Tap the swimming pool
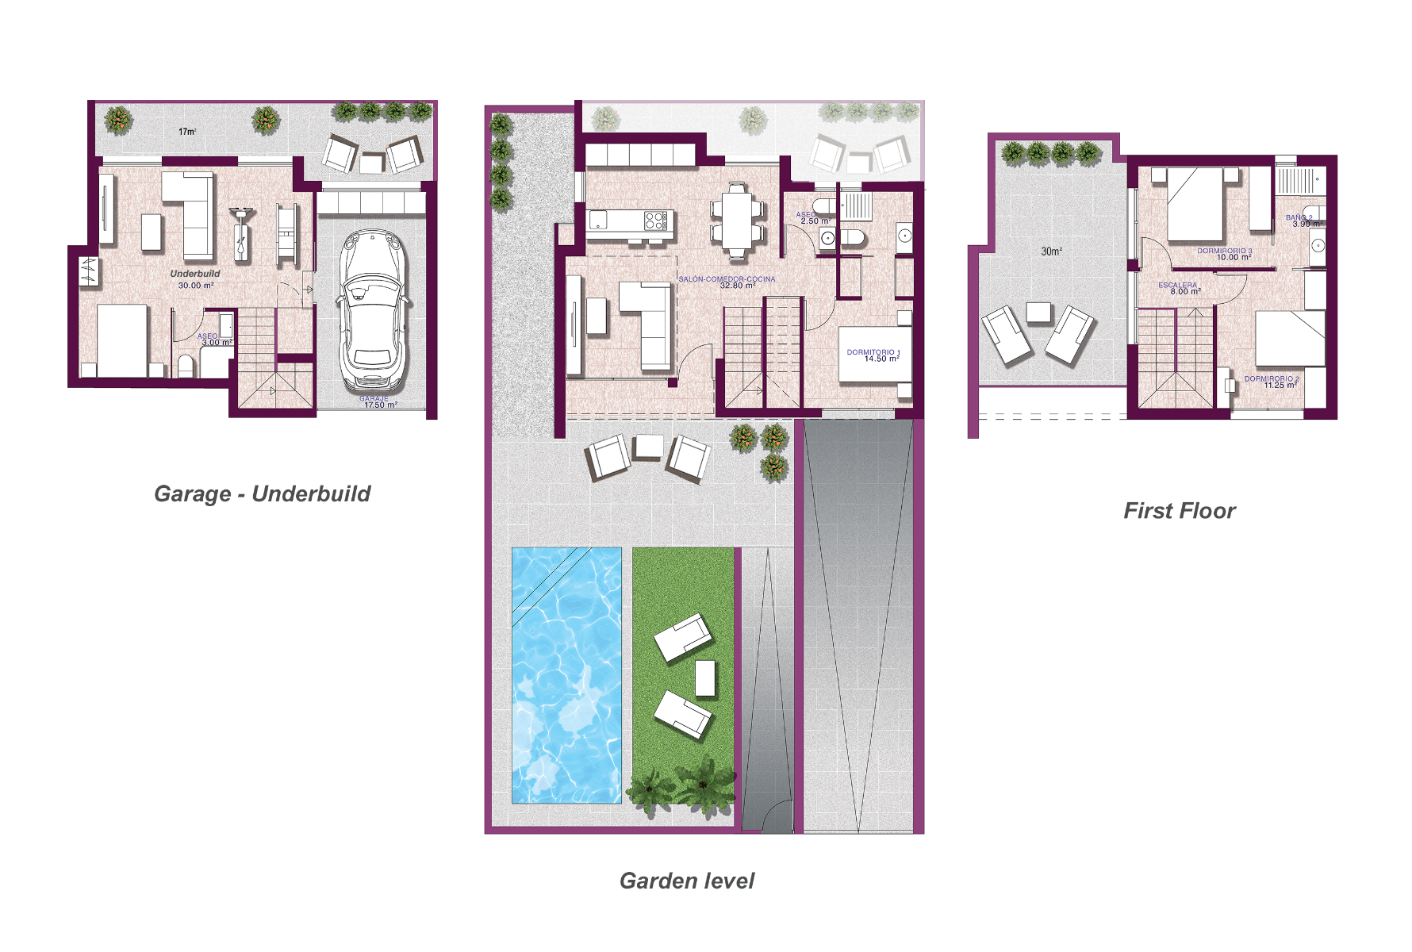566,674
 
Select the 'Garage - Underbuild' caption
262,493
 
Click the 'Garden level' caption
687,881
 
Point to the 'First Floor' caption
1180,511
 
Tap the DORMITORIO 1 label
873,355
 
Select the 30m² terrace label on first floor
1051,251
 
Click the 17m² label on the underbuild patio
187,132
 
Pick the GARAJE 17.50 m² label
377,402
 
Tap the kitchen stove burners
655,220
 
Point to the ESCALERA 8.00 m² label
1179,288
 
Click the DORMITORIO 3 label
1225,254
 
